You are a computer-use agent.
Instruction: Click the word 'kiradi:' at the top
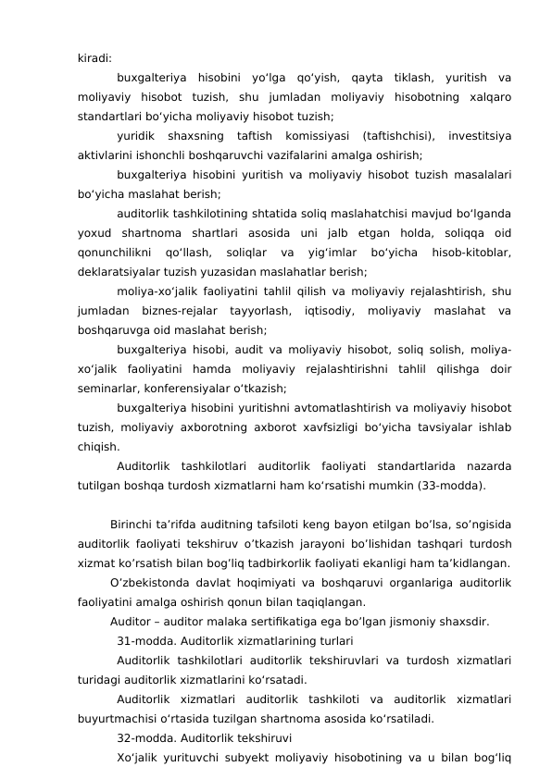(94, 57)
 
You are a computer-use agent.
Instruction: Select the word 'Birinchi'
(133, 526)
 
